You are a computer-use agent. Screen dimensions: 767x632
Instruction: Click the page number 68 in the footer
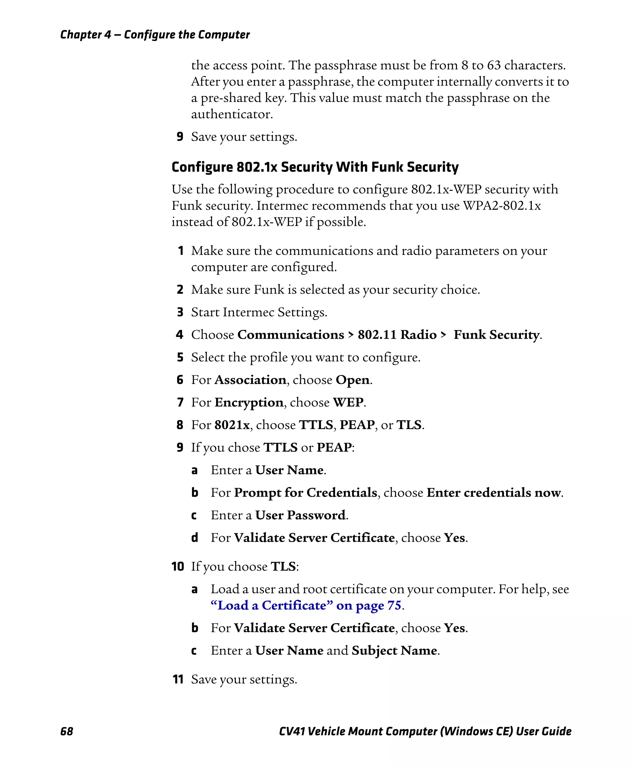[x=67, y=731]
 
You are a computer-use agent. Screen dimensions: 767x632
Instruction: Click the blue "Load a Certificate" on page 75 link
[x=306, y=605]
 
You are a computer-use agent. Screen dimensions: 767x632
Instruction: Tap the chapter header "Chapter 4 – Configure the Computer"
[x=155, y=35]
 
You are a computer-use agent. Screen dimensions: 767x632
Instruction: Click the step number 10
[x=178, y=566]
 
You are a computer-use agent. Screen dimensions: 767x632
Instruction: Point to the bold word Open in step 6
[x=352, y=380]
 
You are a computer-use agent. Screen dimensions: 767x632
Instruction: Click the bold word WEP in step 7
[x=348, y=402]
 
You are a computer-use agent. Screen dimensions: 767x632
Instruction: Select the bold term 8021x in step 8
[x=232, y=425]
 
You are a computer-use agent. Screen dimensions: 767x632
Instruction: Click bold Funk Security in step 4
[x=496, y=334]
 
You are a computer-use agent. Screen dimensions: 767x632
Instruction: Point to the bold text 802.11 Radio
[x=397, y=334]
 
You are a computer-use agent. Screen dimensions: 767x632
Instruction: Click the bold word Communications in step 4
[x=290, y=334]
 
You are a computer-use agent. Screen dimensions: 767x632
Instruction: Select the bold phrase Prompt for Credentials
[x=305, y=492]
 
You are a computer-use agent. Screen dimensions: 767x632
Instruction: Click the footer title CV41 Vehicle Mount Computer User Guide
[x=425, y=731]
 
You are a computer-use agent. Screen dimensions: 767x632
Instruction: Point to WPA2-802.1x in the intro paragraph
[x=502, y=206]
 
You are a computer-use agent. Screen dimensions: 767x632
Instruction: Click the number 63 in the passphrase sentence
[x=494, y=65]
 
